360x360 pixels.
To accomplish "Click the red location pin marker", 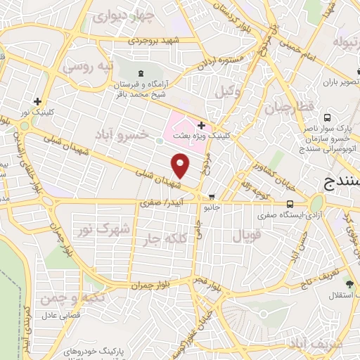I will (181, 165).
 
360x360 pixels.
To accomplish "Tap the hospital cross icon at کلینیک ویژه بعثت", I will (201, 125).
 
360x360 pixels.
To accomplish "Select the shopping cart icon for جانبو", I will (212, 197).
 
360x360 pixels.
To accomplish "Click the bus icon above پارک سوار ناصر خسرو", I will (327, 118).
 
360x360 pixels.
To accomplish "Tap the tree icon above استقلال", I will (348, 284).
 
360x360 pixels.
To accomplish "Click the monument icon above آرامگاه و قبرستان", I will (143, 74).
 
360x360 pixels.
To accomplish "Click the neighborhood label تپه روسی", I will (86, 67).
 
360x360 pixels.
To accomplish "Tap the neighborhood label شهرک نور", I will (104, 229).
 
